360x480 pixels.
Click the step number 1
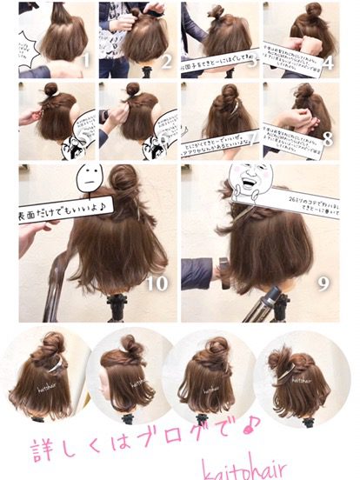click(83, 62)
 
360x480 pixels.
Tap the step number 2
click(164, 62)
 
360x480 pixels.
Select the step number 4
click(330, 63)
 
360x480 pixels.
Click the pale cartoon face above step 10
click(92, 181)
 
